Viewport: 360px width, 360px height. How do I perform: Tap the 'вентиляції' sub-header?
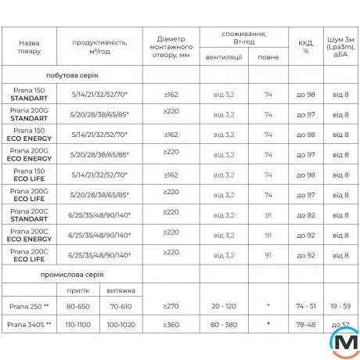[224, 57]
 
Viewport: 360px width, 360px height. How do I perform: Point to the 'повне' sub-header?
[268, 57]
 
